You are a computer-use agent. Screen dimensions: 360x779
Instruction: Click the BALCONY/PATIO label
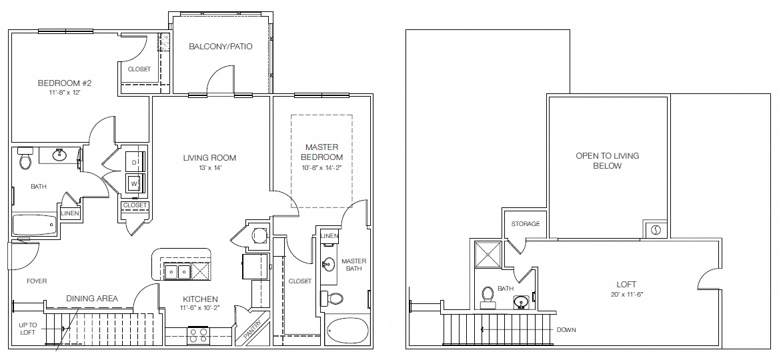point(220,47)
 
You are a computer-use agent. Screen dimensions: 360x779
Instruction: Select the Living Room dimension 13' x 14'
point(210,168)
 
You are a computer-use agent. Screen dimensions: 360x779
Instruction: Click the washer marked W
point(134,183)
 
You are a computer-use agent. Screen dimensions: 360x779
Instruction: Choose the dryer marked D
point(134,162)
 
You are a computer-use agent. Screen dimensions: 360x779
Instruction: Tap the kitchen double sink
point(178,271)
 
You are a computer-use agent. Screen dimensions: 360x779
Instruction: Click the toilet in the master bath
point(333,298)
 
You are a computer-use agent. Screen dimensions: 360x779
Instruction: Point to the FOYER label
point(37,281)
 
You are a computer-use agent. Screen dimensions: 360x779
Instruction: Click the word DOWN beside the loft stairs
point(566,329)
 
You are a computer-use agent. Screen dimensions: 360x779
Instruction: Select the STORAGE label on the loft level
point(526,224)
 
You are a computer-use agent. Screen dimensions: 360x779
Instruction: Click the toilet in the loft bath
point(488,294)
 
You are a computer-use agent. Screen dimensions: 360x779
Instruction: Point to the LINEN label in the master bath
point(328,236)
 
